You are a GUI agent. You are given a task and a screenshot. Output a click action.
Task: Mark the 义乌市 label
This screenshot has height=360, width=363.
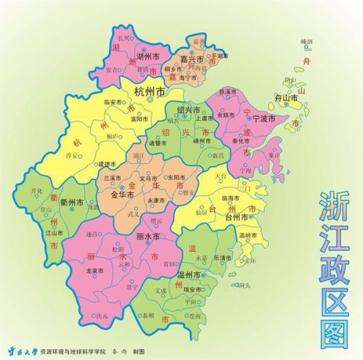pyautogui.click(x=147, y=178)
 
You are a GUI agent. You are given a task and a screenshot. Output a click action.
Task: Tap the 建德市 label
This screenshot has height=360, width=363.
pyautogui.click(x=107, y=165)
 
